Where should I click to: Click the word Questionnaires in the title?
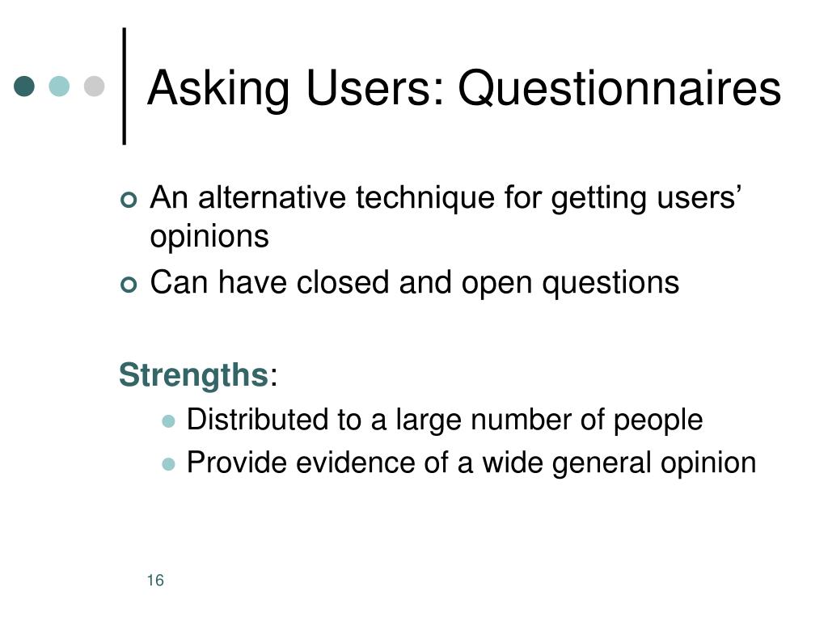point(619,88)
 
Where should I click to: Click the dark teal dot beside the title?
point(24,86)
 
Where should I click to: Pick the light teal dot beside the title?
point(59,86)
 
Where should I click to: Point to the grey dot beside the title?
point(94,86)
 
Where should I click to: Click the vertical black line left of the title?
point(124,86)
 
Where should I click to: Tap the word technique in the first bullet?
point(425,199)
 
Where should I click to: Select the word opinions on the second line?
point(209,237)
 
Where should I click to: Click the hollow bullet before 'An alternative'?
point(129,201)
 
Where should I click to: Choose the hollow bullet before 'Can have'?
point(129,285)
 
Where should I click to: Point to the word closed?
point(343,282)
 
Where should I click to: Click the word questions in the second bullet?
point(610,284)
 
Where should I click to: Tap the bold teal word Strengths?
point(194,376)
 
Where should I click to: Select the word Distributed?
point(258,420)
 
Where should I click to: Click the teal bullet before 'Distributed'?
point(168,421)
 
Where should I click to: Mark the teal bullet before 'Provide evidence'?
point(168,464)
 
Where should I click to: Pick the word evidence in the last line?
point(356,463)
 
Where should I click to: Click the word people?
point(658,421)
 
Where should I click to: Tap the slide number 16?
point(155,581)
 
